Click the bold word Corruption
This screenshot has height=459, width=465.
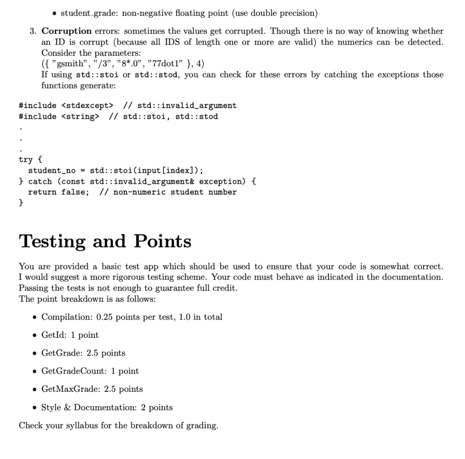coord(67,31)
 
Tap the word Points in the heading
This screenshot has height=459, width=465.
coord(162,242)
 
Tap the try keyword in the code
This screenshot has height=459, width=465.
coord(25,159)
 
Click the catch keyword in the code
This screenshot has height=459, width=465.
coord(40,181)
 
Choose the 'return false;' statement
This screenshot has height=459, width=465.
coord(59,192)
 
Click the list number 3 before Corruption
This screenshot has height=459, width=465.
coord(33,31)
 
